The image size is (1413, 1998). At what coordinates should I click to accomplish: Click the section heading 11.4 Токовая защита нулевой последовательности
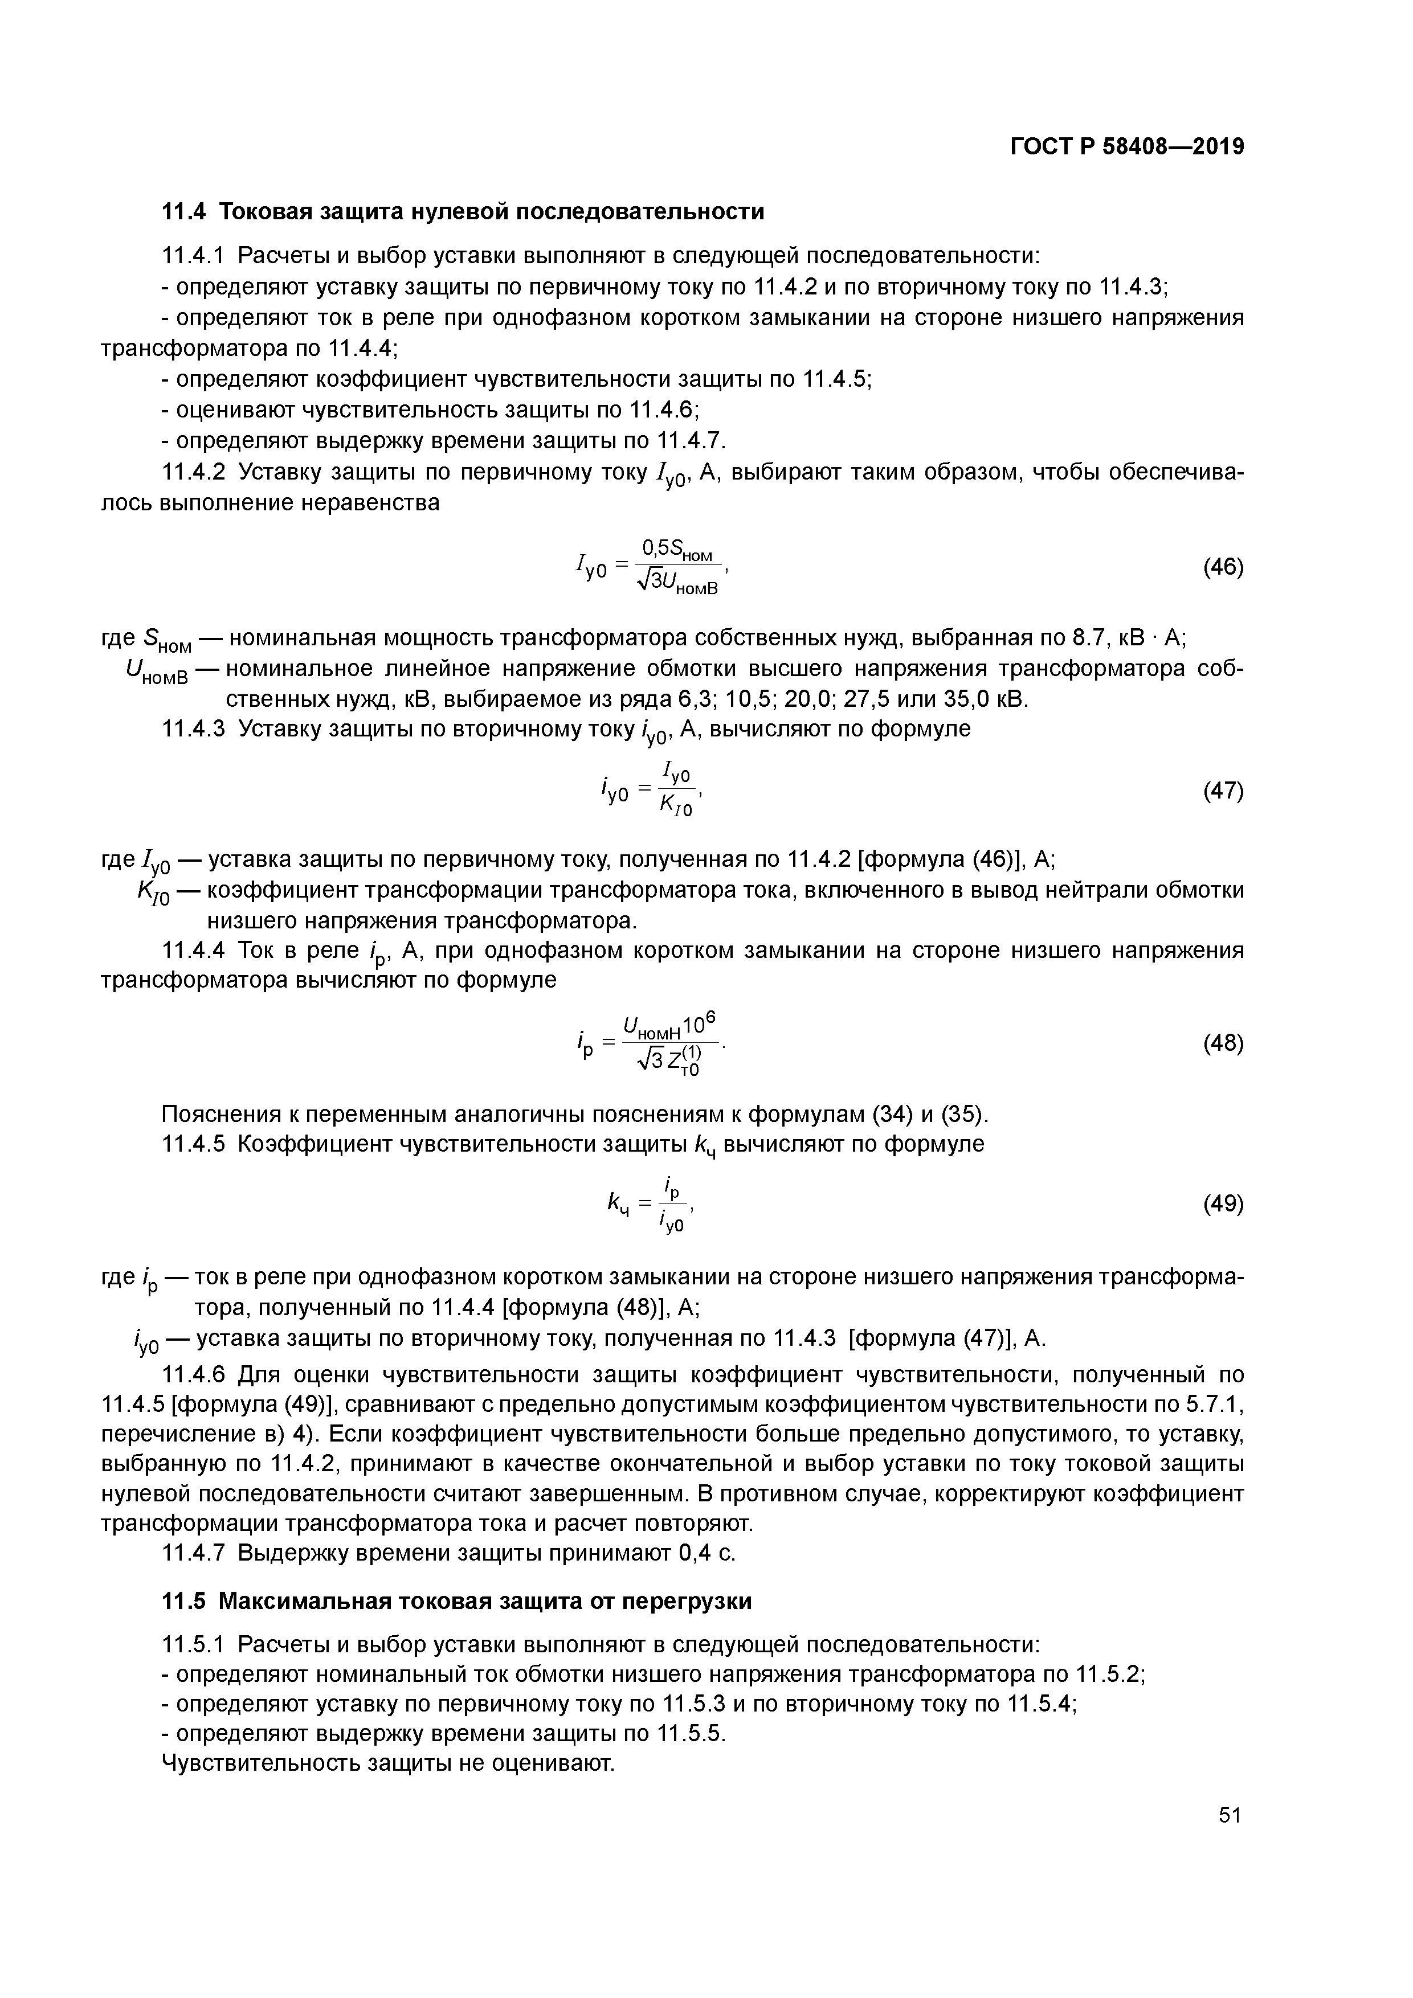[463, 211]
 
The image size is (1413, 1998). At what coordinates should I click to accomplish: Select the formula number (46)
[1222, 567]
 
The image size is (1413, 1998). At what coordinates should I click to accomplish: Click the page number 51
[1230, 1815]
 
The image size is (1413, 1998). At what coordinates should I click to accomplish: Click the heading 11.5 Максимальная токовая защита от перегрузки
[457, 1601]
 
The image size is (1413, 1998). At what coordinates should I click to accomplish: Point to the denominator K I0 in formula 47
[675, 806]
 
